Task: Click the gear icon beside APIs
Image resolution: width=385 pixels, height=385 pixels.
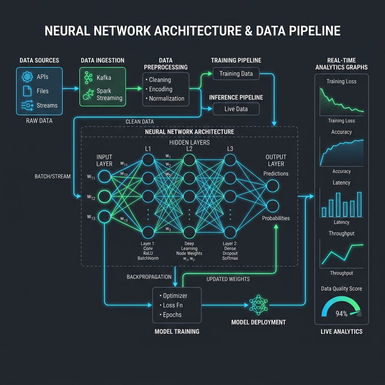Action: (x=27, y=77)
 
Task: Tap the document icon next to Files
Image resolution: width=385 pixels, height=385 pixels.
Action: (x=27, y=91)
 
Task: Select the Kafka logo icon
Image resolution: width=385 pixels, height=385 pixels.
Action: (x=88, y=77)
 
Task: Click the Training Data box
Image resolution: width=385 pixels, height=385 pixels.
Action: (x=236, y=74)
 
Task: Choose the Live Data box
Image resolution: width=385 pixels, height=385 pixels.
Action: (x=236, y=109)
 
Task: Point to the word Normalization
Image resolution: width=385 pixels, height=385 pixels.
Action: (x=167, y=99)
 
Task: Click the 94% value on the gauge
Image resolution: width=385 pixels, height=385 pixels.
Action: (x=341, y=314)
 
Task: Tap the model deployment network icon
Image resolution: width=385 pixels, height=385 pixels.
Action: (x=259, y=305)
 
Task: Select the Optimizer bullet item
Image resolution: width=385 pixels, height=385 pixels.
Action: (x=173, y=296)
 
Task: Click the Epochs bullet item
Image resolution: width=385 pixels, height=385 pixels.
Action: (x=170, y=315)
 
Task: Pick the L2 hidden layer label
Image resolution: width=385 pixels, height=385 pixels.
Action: (x=189, y=149)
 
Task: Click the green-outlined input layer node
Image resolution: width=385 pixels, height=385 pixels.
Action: (x=105, y=196)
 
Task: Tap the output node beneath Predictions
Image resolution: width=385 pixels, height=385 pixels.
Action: (x=273, y=186)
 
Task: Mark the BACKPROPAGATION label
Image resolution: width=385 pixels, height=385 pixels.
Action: (x=149, y=277)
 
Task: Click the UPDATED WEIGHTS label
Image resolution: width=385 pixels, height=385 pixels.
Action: (x=228, y=279)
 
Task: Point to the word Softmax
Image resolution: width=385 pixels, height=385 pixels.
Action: (x=230, y=258)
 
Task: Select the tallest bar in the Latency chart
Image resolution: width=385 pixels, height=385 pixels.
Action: (x=359, y=204)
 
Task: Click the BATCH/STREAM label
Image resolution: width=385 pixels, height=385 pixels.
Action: (x=53, y=177)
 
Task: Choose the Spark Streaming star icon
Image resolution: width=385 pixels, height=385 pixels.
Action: (x=88, y=94)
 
